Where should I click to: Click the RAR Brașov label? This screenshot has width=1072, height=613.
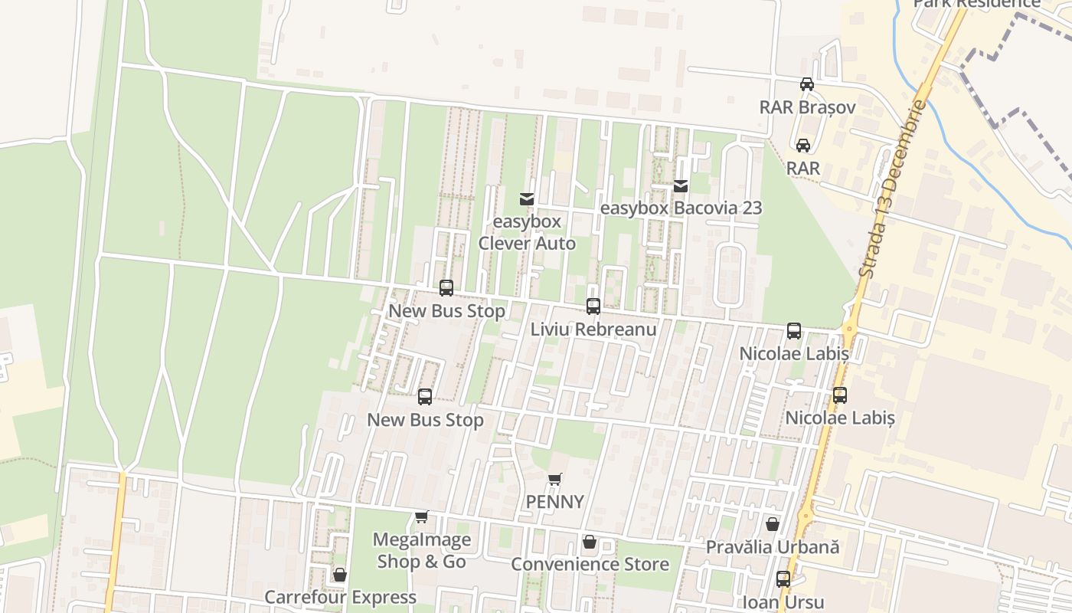coord(807,107)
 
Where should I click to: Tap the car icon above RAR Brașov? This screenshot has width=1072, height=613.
coord(807,84)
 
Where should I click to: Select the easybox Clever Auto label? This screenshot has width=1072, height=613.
coord(527,232)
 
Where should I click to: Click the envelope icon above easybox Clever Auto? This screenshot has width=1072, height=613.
coord(527,199)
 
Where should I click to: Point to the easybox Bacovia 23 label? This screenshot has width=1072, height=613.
coord(681,208)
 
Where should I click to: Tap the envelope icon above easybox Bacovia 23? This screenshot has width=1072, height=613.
coord(681,186)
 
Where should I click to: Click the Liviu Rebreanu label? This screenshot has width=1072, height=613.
coord(593,329)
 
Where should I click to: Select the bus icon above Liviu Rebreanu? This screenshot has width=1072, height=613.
coord(593,306)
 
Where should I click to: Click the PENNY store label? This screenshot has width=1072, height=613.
coord(555,502)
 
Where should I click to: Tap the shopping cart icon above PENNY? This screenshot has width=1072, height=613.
coord(555,480)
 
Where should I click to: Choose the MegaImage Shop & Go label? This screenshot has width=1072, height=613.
coord(421,550)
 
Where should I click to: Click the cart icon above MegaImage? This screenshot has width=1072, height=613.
coord(421,517)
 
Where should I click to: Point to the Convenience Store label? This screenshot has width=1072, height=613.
coord(590,564)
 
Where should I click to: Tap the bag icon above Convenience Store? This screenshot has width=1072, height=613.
coord(590,543)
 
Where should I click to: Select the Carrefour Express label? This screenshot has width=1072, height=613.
coord(340,597)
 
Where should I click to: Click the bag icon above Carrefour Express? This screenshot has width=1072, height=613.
coord(340,575)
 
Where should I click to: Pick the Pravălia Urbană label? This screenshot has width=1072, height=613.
coord(773,547)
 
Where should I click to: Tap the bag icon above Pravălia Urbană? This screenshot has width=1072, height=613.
coord(773,525)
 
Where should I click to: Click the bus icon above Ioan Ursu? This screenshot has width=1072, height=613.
coord(783,579)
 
